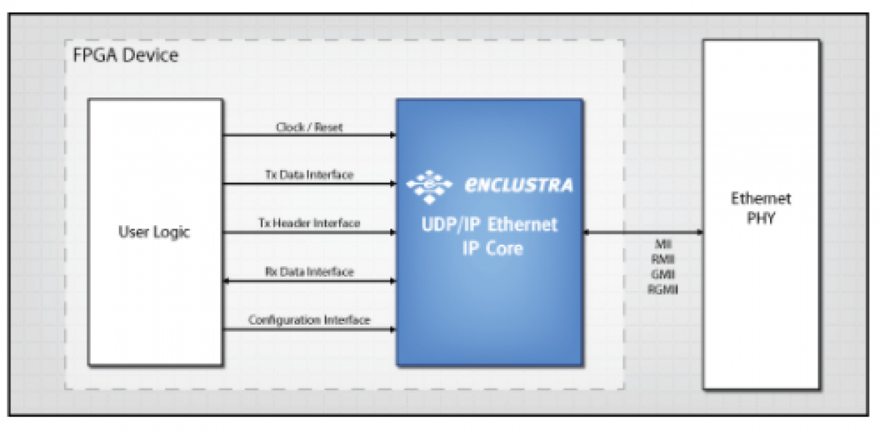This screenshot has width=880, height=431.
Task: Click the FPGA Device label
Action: [125, 56]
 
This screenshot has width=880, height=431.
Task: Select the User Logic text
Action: [154, 232]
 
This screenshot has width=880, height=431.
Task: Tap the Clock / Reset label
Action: [309, 128]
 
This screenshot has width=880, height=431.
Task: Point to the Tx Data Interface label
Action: [309, 175]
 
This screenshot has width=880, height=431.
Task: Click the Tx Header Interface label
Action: [309, 223]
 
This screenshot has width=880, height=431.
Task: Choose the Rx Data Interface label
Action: [309, 272]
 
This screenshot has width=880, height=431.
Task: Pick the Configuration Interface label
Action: [309, 320]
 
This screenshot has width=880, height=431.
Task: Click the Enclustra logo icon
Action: [430, 185]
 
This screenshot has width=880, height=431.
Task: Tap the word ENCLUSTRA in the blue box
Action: [518, 185]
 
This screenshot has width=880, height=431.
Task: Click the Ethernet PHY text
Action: [761, 208]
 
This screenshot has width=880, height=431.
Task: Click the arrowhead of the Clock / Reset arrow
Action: [392, 135]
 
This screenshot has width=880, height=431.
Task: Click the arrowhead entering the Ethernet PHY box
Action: [699, 232]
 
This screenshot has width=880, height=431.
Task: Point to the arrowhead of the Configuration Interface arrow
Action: [392, 329]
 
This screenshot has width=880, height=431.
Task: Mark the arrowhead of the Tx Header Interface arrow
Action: [392, 232]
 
